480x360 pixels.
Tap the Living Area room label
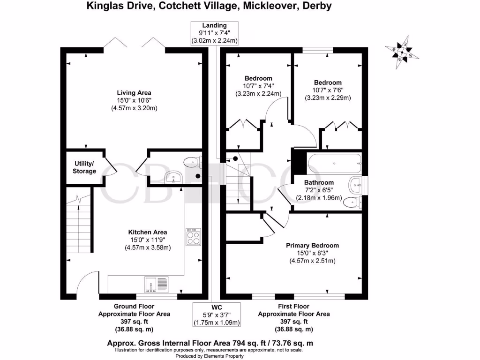[x=134, y=92]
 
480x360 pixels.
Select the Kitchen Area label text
[x=148, y=232]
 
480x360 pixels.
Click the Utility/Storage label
[x=84, y=167]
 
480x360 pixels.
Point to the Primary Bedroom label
[x=313, y=245]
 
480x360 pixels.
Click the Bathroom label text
[x=319, y=182]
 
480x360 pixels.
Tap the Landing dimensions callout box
[x=215, y=33]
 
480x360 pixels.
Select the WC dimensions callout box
[x=217, y=315]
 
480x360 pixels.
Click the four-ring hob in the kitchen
[x=193, y=236]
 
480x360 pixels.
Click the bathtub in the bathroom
[x=334, y=164]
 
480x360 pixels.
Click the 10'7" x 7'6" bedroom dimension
[x=328, y=90]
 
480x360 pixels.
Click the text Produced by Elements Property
[x=210, y=356]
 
